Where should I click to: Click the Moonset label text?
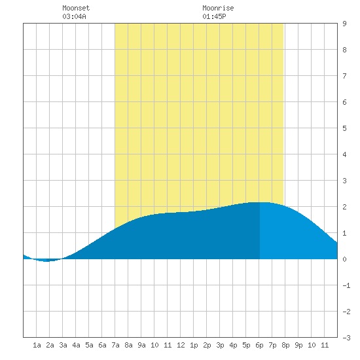coord(76,8)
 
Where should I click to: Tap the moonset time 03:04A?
coord(74,16)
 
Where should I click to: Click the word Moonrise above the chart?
coord(218,8)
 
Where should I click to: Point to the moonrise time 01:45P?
coord(214,16)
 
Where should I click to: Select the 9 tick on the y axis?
coord(344,24)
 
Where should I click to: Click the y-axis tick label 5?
coord(344,128)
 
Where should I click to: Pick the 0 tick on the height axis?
coord(344,259)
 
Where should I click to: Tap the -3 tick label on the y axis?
coord(346,338)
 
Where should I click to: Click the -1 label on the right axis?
coord(346,285)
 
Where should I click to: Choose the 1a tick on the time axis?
coord(37,345)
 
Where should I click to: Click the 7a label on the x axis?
coord(115,345)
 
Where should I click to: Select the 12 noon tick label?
coord(181,345)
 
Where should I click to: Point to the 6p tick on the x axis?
coord(259,345)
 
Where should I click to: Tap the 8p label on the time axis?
coord(285,345)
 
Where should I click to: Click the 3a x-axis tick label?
coord(63,345)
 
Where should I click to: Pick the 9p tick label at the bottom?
coord(298,345)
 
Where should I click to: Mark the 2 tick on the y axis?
coord(344,207)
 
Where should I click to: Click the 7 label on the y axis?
coord(344,76)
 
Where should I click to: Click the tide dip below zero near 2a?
coord(47,260)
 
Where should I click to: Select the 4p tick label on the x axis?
coord(233,345)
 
